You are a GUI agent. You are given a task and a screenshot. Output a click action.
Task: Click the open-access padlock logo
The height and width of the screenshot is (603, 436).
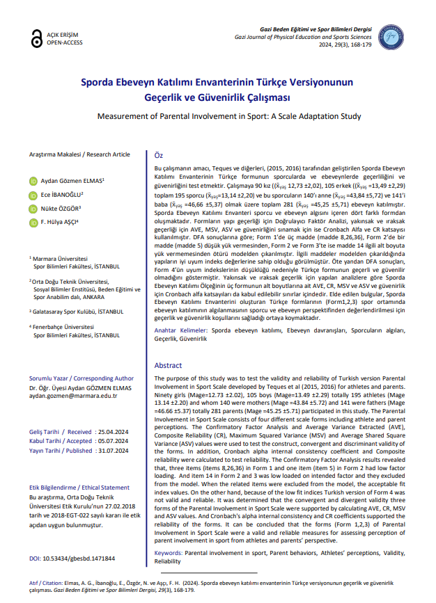(x=35, y=40)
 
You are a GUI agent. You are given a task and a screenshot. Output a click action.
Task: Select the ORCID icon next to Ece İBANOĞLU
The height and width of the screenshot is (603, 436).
(x=33, y=195)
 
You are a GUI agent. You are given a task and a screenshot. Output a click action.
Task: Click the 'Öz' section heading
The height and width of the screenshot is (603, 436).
(x=158, y=155)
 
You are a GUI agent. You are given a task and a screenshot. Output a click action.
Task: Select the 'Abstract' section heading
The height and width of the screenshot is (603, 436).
(x=168, y=365)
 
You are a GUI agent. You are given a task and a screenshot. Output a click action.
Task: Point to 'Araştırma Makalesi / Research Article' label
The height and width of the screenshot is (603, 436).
(x=79, y=154)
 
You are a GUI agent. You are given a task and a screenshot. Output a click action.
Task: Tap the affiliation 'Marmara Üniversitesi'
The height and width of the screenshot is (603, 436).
(x=63, y=257)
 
